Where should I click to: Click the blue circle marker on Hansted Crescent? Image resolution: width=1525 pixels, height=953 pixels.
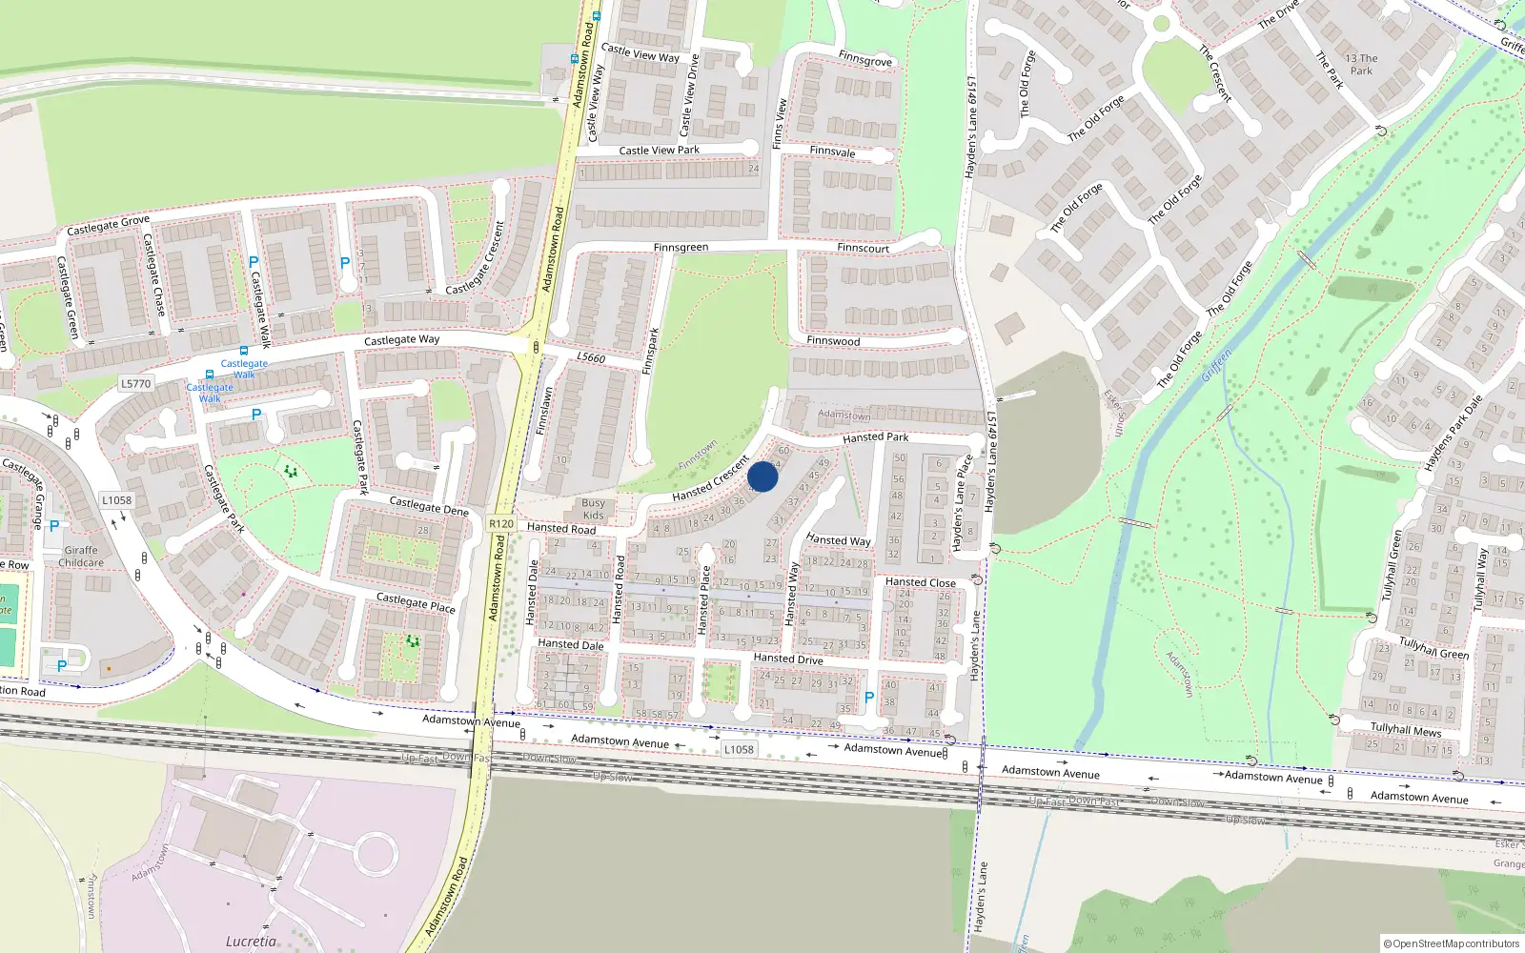tap(762, 476)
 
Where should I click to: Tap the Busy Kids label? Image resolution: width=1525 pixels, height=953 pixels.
tap(593, 509)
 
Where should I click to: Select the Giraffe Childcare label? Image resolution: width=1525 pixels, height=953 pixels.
tap(81, 557)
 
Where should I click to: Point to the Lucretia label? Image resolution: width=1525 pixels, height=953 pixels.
tap(251, 942)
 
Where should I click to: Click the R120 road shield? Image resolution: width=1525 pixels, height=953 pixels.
tap(501, 524)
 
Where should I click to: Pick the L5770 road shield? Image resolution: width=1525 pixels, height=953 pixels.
tap(135, 384)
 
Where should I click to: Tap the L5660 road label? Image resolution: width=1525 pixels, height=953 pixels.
tap(591, 357)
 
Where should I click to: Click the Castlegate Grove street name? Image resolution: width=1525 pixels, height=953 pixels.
tap(108, 226)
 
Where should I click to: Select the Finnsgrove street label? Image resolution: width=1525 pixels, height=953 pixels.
tap(865, 59)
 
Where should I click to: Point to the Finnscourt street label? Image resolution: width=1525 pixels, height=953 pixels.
tap(863, 249)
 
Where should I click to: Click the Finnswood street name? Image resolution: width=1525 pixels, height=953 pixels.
tap(833, 341)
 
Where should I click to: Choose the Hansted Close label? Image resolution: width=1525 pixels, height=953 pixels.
tap(920, 582)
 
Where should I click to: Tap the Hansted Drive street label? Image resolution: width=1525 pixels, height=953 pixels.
tap(787, 659)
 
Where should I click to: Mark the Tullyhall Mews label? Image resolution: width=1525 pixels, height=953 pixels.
tap(1405, 730)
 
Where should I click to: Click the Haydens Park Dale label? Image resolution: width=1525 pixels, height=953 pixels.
tap(1454, 433)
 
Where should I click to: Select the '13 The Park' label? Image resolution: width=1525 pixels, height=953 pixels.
tap(1361, 65)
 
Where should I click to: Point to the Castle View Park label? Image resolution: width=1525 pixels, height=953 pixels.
tap(659, 151)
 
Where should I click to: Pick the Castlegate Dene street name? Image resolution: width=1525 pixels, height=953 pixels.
tap(429, 506)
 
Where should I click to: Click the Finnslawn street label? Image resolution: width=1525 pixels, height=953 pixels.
tap(545, 411)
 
